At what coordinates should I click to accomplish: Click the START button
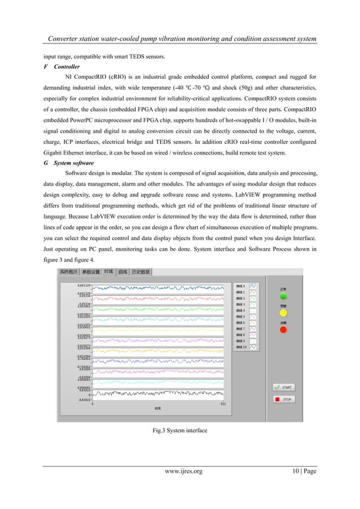point(283,388)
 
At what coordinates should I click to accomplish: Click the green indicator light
point(283,296)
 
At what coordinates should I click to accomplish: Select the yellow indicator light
point(283,312)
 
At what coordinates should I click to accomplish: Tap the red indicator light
point(283,329)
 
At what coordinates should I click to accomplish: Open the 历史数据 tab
point(141,272)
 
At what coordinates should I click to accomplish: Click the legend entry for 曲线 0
point(246,286)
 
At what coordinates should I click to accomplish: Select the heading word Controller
point(66,66)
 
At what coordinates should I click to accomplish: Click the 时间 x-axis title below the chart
point(158,407)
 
